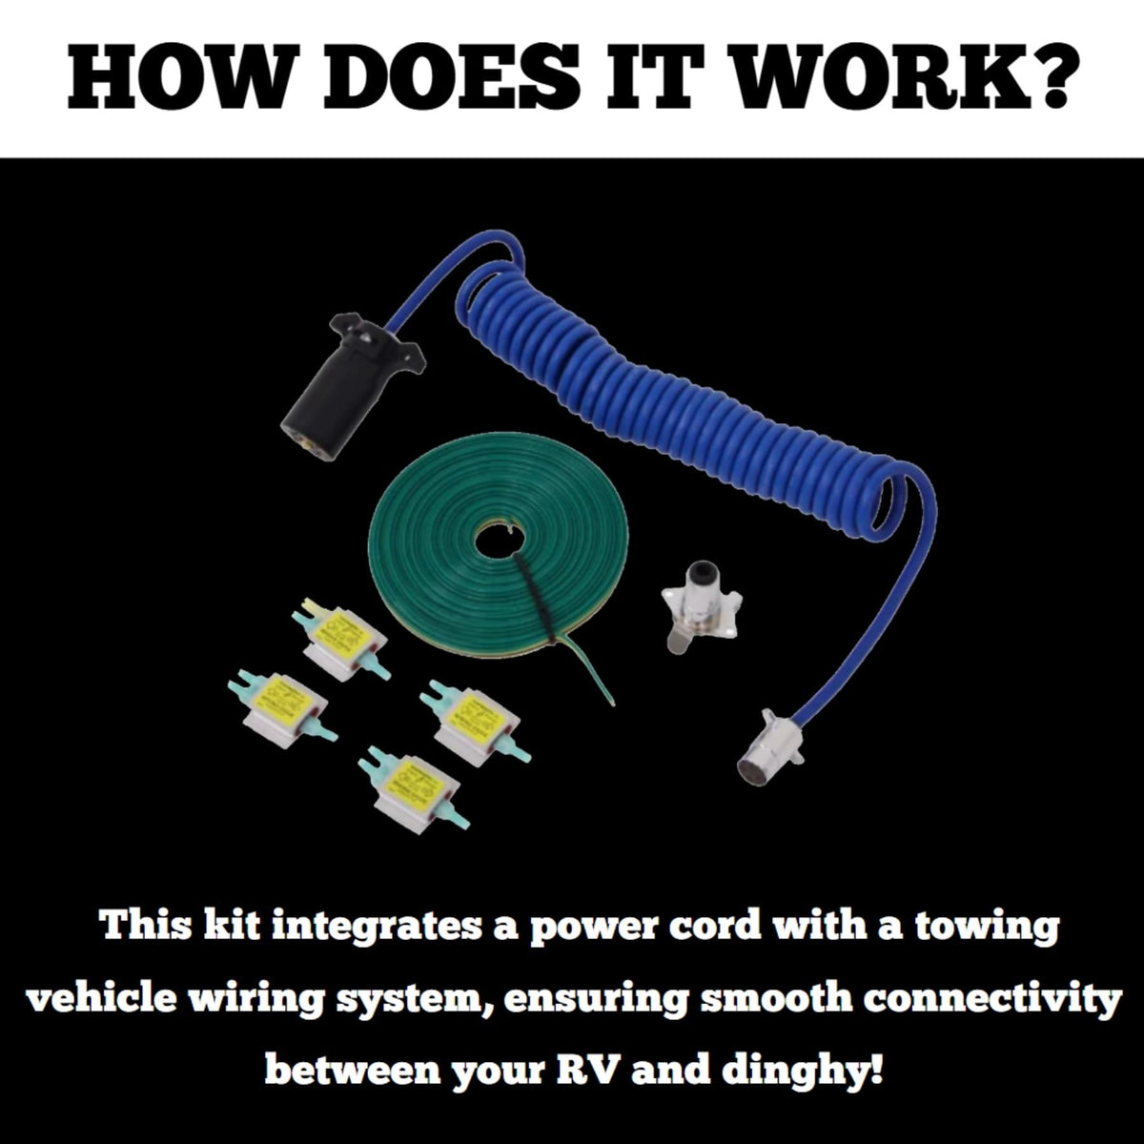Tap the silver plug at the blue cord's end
pyautogui.click(x=769, y=746)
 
